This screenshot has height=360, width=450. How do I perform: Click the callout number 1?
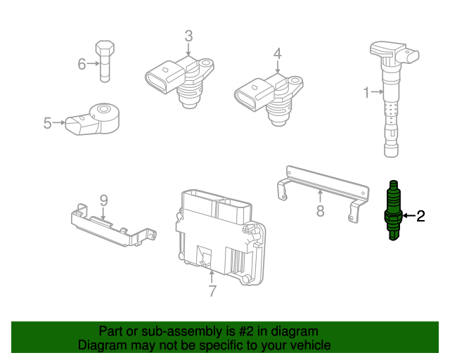pyautogui.click(x=366, y=92)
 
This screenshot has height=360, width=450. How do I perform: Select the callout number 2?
pyautogui.click(x=420, y=216)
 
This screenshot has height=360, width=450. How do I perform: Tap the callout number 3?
pyautogui.click(x=188, y=37)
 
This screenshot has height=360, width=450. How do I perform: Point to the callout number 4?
pyautogui.click(x=277, y=53)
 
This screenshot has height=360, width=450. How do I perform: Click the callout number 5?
pyautogui.click(x=47, y=123)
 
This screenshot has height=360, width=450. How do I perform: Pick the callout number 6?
pyautogui.click(x=82, y=64)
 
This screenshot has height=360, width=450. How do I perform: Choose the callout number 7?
pyautogui.click(x=212, y=291)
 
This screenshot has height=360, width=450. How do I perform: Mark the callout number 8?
pyautogui.click(x=321, y=211)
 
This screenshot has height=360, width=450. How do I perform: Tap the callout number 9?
pyautogui.click(x=103, y=200)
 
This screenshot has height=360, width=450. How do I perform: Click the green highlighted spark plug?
pyautogui.click(x=394, y=210)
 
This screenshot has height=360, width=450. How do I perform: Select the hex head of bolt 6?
pyautogui.click(x=105, y=49)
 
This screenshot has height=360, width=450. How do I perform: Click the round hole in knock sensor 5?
pyautogui.click(x=103, y=109)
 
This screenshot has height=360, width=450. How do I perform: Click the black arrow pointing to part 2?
pyautogui.click(x=409, y=216)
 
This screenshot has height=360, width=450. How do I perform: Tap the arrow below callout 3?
pyautogui.click(x=188, y=49)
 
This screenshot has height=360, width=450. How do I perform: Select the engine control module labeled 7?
pyautogui.click(x=220, y=237)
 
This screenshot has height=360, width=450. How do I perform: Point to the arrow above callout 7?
pyautogui.click(x=212, y=277)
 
